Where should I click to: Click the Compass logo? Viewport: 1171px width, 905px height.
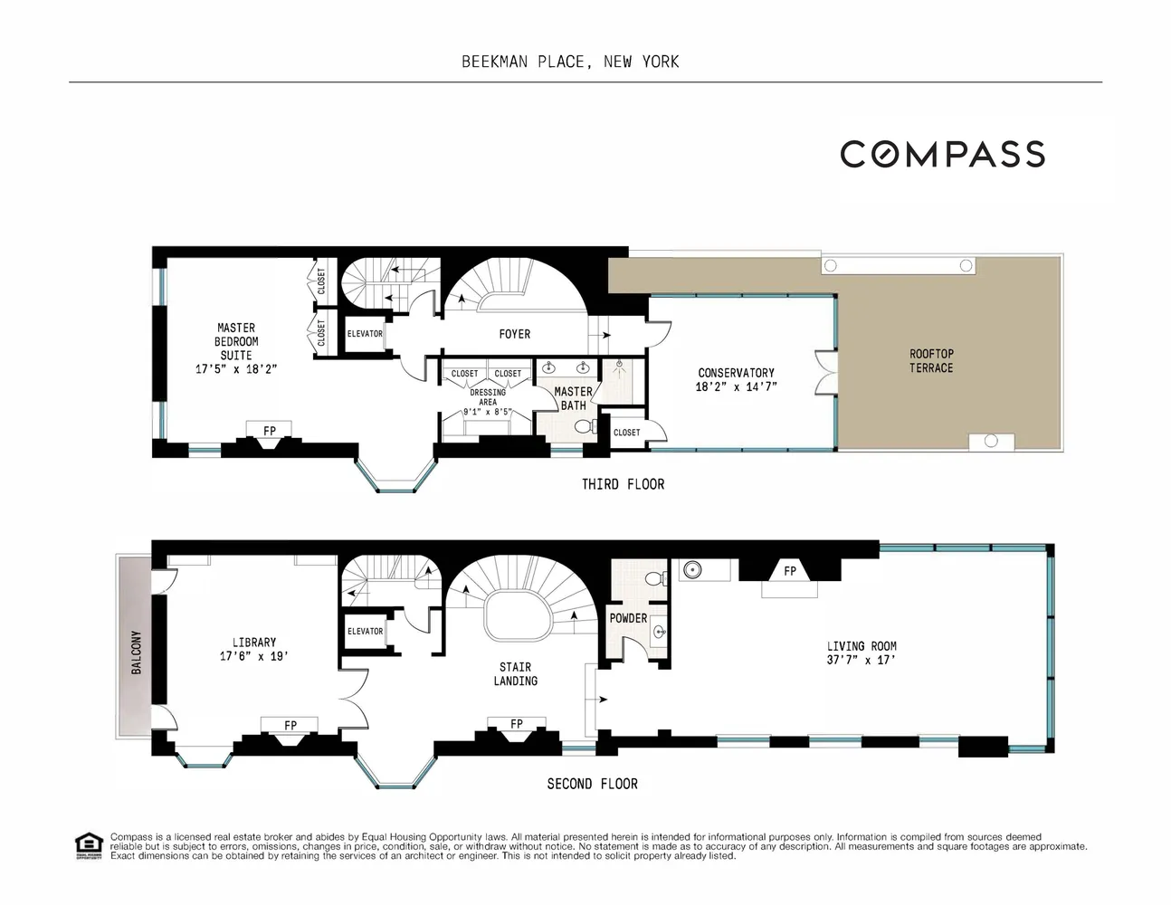point(942,154)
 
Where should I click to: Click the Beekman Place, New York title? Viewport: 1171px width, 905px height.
point(570,62)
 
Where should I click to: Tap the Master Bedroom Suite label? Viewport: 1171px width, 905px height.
point(236,341)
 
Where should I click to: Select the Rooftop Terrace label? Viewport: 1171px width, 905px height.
point(931,361)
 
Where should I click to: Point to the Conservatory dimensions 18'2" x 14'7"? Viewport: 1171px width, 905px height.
point(737,386)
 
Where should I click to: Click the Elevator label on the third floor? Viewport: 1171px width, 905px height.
point(365,334)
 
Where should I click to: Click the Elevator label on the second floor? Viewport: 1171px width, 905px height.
point(365,631)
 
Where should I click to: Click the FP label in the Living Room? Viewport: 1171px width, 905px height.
point(790,571)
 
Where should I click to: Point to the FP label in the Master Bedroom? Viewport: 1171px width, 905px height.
point(270,431)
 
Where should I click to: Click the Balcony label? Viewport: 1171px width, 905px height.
point(137,652)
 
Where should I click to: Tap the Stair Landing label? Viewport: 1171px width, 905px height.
point(516,674)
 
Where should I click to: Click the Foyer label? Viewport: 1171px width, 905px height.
point(515,334)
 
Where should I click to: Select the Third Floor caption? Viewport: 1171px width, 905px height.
point(623,484)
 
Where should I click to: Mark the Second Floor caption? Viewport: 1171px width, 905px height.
point(592,784)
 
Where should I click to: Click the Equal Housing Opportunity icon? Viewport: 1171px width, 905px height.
point(88,845)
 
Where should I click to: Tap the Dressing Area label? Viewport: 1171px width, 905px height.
point(488,397)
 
